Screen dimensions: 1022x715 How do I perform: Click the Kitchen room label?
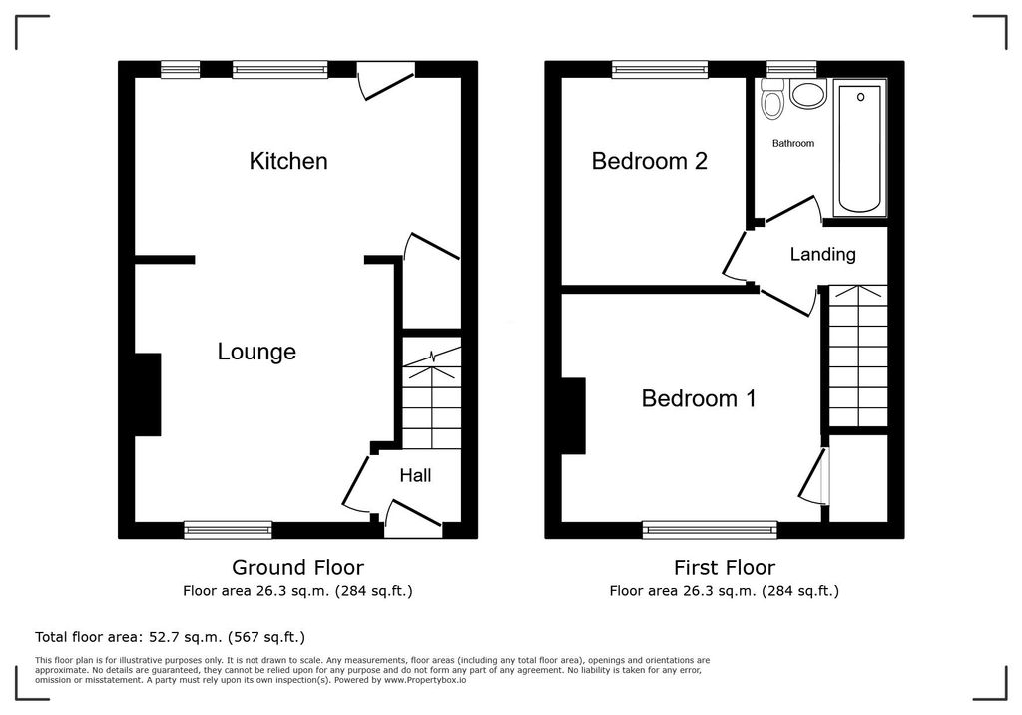pyautogui.click(x=288, y=161)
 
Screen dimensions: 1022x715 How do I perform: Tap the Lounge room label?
pyautogui.click(x=256, y=352)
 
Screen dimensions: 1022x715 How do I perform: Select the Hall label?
pyautogui.click(x=415, y=475)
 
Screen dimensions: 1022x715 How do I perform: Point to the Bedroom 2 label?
pyautogui.click(x=649, y=161)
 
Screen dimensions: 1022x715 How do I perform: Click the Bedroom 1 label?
pyautogui.click(x=699, y=398)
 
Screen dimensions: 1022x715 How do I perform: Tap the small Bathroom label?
pyautogui.click(x=793, y=143)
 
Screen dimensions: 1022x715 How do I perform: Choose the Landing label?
pyautogui.click(x=822, y=254)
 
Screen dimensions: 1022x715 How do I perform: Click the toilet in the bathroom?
pyautogui.click(x=773, y=99)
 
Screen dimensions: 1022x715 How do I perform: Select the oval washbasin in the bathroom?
pyautogui.click(x=807, y=93)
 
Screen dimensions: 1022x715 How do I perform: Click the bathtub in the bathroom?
pyautogui.click(x=860, y=147)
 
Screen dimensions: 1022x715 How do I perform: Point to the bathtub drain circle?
pyautogui.click(x=861, y=97)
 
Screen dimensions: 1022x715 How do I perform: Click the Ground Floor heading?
pyautogui.click(x=297, y=567)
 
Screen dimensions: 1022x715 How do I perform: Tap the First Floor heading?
pyautogui.click(x=725, y=567)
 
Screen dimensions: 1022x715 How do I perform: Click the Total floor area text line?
pyautogui.click(x=170, y=637)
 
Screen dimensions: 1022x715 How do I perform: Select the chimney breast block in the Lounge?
pyautogui.click(x=148, y=394)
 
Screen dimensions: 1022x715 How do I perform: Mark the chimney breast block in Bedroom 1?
pyautogui.click(x=573, y=416)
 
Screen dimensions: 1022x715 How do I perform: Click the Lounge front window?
pyautogui.click(x=229, y=529)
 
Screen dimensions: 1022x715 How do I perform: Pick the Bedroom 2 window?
pyautogui.click(x=660, y=69)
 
